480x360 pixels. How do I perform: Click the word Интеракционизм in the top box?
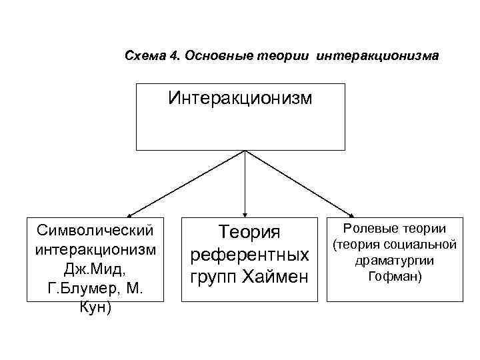pyautogui.click(x=240, y=99)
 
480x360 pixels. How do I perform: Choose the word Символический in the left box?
pyautogui.click(x=96, y=230)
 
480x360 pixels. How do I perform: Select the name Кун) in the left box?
pyautogui.click(x=96, y=309)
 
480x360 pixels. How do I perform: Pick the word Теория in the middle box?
pyautogui.click(x=249, y=233)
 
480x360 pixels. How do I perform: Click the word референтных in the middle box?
pyautogui.click(x=249, y=255)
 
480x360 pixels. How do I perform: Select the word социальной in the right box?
pyautogui.click(x=418, y=243)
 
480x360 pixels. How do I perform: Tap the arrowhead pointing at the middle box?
pyautogui.click(x=246, y=212)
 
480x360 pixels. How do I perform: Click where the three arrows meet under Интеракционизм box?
pyautogui.click(x=246, y=151)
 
